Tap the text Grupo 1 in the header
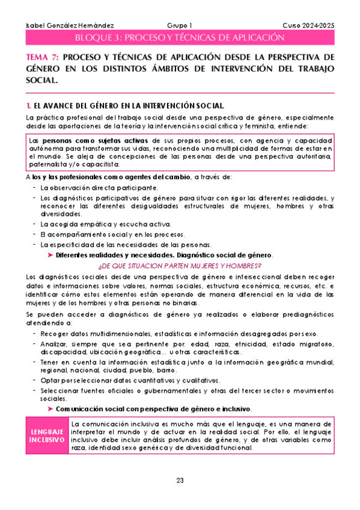point(180,25)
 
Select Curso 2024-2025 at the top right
point(308,25)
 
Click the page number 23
point(180,479)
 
